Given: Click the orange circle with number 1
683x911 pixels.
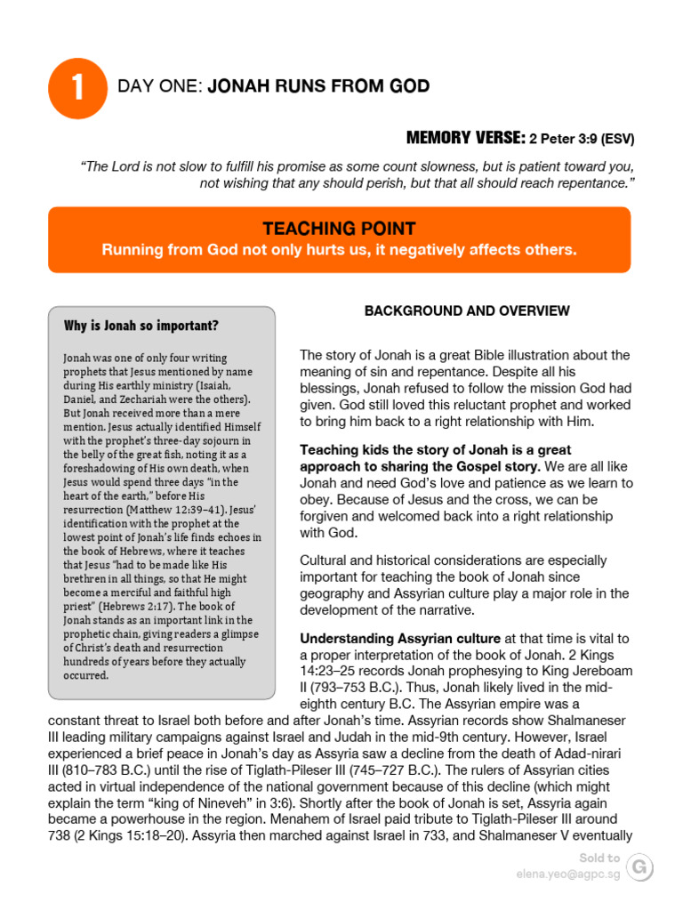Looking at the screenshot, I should [78, 89].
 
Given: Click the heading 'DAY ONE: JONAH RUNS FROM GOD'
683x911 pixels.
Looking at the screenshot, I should [273, 86].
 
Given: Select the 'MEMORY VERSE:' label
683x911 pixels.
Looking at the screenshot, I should [465, 138].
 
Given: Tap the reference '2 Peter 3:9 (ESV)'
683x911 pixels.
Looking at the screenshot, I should [582, 139].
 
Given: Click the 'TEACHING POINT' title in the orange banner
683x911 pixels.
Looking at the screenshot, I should [339, 229].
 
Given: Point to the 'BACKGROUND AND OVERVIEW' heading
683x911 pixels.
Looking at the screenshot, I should [467, 310].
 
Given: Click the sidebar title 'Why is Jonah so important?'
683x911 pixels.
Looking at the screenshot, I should [141, 326].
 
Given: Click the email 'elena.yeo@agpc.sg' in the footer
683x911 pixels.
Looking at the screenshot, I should [568, 875].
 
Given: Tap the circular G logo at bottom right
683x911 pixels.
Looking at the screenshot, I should [639, 867].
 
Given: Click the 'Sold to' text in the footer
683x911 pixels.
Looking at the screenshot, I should [599, 859].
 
